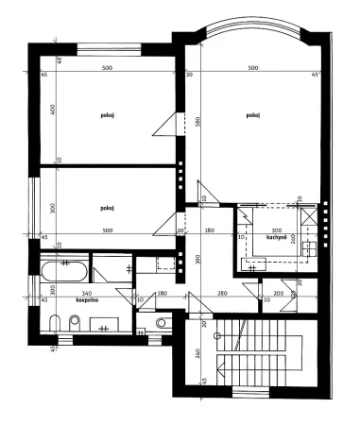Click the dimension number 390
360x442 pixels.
pos(197,259)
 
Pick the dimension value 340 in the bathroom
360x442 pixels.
pos(87,294)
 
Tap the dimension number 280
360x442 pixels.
pos(222,294)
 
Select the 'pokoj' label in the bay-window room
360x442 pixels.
pos(252,115)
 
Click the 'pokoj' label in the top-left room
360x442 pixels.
pos(107,115)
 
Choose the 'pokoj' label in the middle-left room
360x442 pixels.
pos(107,205)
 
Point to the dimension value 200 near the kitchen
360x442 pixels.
pos(279,294)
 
